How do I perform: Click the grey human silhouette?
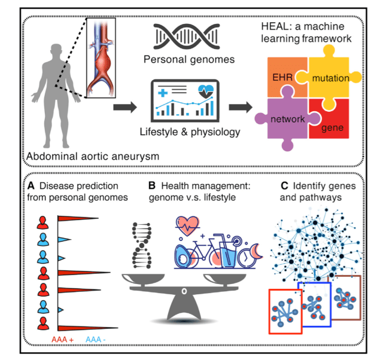(x=54, y=96)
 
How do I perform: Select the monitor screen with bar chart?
(x=186, y=102)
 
